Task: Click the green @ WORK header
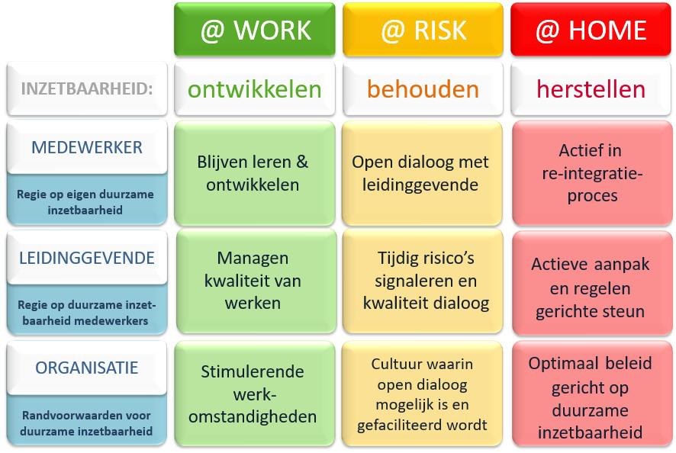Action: pyautogui.click(x=254, y=29)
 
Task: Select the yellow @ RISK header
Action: pyautogui.click(x=423, y=29)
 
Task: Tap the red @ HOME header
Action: pyautogui.click(x=591, y=29)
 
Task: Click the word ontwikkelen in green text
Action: pyautogui.click(x=254, y=89)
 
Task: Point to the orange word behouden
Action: pyautogui.click(x=423, y=89)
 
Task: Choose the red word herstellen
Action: pyautogui.click(x=591, y=89)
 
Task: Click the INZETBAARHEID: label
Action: pyautogui.click(x=87, y=88)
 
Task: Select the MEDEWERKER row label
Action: pyautogui.click(x=87, y=147)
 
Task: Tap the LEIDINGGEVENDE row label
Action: pyautogui.click(x=87, y=258)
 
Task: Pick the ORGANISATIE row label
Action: pyautogui.click(x=87, y=368)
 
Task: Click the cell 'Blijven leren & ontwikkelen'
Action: pyautogui.click(x=254, y=173)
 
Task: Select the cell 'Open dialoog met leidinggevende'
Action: pyautogui.click(x=422, y=173)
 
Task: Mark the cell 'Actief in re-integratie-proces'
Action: pyautogui.click(x=592, y=173)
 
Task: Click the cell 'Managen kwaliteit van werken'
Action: pyautogui.click(x=256, y=281)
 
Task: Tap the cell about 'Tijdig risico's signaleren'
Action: pyautogui.click(x=422, y=281)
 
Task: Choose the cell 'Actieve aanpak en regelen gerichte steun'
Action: pyautogui.click(x=592, y=283)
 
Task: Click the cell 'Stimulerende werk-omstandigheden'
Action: pyautogui.click(x=254, y=394)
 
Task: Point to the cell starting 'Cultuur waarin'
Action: pyautogui.click(x=422, y=394)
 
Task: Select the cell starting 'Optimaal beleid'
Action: pyautogui.click(x=592, y=394)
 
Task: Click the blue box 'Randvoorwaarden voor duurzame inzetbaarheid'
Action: pyautogui.click(x=87, y=420)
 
